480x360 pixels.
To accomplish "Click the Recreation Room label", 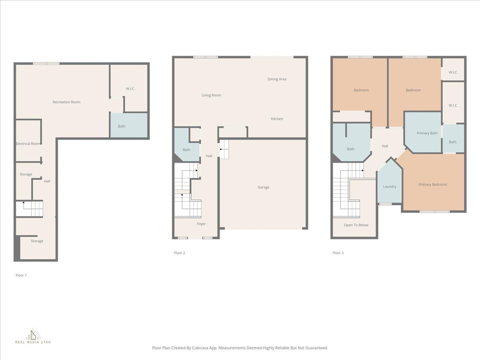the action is coord(67,102).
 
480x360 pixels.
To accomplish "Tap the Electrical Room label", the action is coord(28,143).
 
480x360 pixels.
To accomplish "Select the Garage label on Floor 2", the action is coord(263,187).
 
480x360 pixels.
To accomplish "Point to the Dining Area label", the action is coord(277,79).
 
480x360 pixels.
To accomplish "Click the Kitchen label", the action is coord(277,119).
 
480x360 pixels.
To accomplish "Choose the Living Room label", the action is coord(211,95).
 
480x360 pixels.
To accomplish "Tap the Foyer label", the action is coord(201,224).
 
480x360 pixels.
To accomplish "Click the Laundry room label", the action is coord(390,187).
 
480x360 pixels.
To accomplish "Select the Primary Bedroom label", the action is coord(433,184).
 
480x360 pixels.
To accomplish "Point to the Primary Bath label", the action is coord(427,133).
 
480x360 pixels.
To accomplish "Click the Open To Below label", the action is coord(356,225).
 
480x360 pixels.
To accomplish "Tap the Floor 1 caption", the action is coord(21,275).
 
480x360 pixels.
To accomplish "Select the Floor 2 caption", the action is coord(180,253).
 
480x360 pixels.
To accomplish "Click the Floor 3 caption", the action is coord(338,253).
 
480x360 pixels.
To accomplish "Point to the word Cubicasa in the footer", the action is coord(201,348).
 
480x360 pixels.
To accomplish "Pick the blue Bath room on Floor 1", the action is coord(129,126).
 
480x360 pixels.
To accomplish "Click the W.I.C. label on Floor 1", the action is coord(130,89).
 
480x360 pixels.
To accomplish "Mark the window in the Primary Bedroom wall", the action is coord(435,211).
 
